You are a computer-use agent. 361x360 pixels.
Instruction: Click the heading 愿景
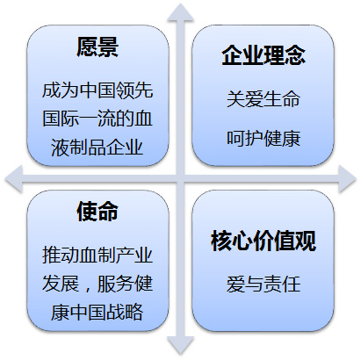(97, 47)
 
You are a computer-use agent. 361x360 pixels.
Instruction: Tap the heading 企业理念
(264, 55)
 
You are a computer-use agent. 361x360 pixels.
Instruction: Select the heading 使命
(97, 212)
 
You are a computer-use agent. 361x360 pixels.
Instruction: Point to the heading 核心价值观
(264, 241)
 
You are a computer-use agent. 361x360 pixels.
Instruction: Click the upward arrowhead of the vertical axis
(181, 12)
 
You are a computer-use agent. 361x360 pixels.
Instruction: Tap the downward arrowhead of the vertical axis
(181, 346)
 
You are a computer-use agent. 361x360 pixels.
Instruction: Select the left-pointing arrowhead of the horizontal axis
(14, 179)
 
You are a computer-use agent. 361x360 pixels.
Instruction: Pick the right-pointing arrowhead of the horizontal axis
(347, 179)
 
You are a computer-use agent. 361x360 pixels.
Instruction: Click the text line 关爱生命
(264, 99)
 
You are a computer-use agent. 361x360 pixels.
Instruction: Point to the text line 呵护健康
(264, 139)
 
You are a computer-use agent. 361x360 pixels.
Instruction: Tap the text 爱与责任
(264, 284)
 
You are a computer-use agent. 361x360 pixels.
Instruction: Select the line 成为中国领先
(97, 90)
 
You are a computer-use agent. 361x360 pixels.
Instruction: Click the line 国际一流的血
(97, 119)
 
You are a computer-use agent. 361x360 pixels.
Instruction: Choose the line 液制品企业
(97, 147)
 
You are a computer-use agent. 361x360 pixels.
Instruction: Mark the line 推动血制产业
(97, 255)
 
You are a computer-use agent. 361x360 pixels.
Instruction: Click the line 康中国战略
(97, 312)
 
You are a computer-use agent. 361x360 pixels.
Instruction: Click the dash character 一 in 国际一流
(88, 119)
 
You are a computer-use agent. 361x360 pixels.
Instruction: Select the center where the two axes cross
(181, 179)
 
